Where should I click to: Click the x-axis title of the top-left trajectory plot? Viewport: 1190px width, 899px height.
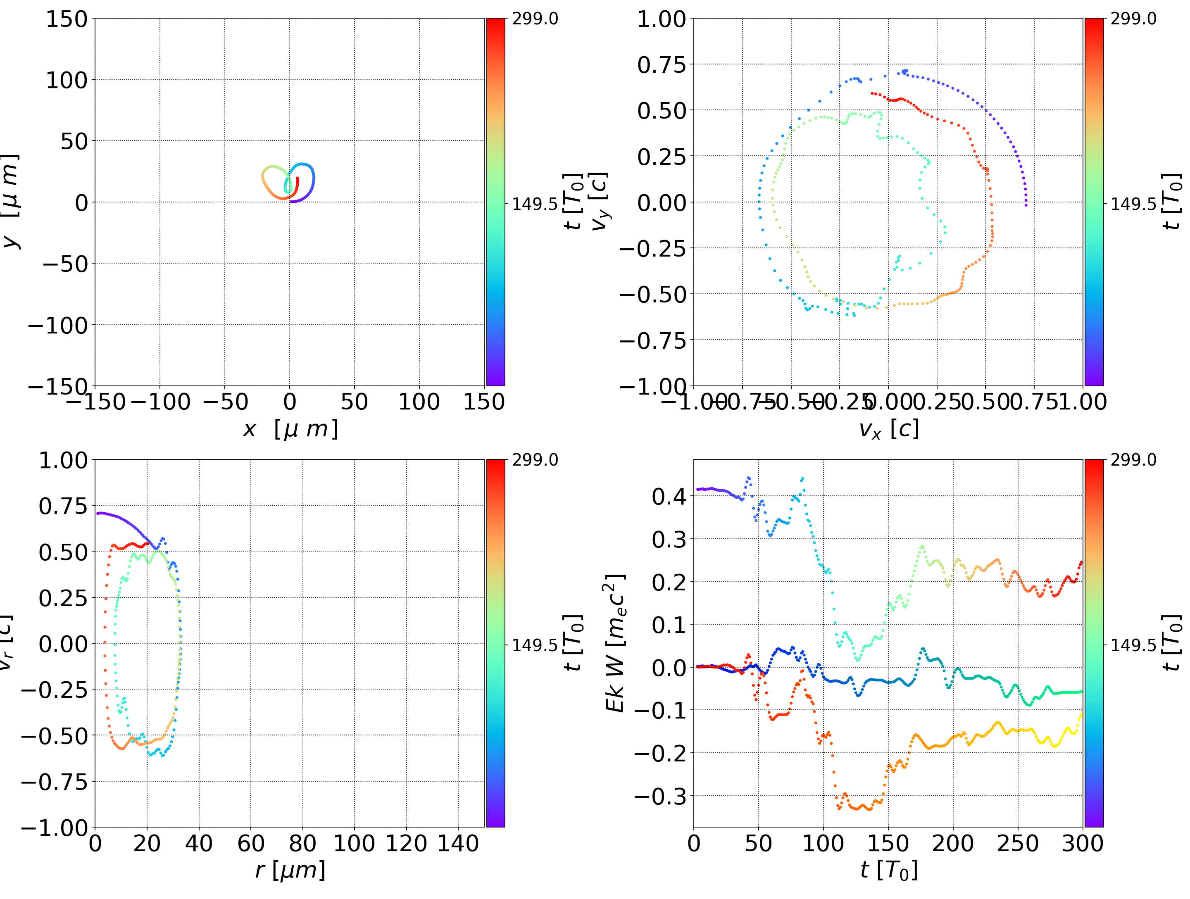290,429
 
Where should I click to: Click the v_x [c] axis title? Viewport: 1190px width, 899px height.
888,429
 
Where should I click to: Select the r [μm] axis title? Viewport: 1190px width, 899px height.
290,870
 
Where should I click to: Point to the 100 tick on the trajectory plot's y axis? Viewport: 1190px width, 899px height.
66,80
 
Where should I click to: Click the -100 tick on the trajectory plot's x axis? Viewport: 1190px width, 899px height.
160,402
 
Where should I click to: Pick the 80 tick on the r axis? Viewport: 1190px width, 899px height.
302,843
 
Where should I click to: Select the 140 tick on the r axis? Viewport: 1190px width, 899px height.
458,843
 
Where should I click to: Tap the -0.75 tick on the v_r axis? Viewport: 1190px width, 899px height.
54,781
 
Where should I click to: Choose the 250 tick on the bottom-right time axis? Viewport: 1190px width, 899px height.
1017,843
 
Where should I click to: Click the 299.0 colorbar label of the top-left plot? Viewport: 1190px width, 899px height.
535,19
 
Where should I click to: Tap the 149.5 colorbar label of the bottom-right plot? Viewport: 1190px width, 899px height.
1133,645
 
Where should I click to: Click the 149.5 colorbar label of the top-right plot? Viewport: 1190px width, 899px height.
1133,204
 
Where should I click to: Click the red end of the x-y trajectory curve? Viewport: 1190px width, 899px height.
297,178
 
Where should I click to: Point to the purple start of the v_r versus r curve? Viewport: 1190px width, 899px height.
98,513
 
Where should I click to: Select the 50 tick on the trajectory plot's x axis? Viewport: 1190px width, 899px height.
355,402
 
